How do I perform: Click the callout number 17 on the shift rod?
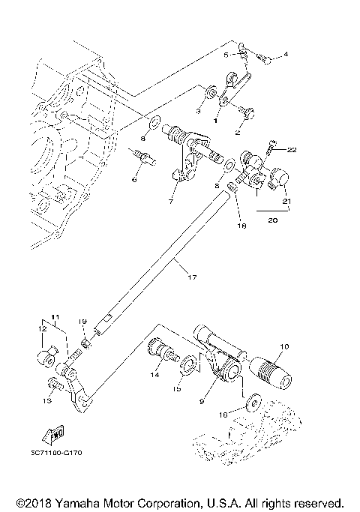pyautogui.click(x=191, y=277)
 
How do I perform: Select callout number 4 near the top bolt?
pyautogui.click(x=285, y=54)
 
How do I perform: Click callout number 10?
pyautogui.click(x=283, y=346)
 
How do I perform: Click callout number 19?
pyautogui.click(x=82, y=321)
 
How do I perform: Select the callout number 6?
pyautogui.click(x=133, y=179)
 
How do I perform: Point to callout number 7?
pyautogui.click(x=171, y=202)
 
